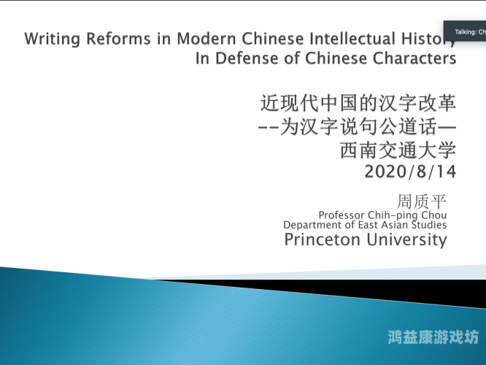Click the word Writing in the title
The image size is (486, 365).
[x=50, y=39]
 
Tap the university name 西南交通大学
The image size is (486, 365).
[x=397, y=151]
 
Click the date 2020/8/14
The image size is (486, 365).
[x=409, y=173]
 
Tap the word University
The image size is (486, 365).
[x=405, y=240]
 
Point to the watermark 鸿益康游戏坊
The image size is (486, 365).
[x=433, y=337]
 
